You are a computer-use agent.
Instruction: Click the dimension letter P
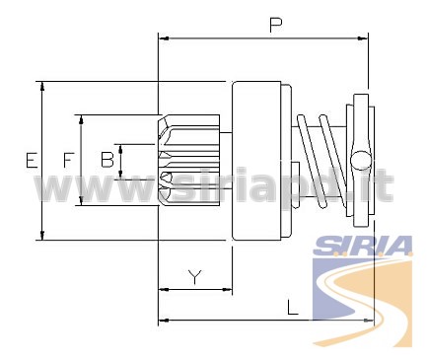275,26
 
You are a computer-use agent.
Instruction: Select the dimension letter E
32,161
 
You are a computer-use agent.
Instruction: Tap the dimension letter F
67,160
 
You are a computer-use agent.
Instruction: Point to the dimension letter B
107,160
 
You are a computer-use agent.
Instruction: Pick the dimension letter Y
195,277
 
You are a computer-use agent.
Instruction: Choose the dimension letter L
293,307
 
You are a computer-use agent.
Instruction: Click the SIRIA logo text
363,246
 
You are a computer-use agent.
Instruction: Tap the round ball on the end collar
360,160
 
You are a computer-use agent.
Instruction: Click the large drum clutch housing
256,161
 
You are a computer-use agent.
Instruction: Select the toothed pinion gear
188,160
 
